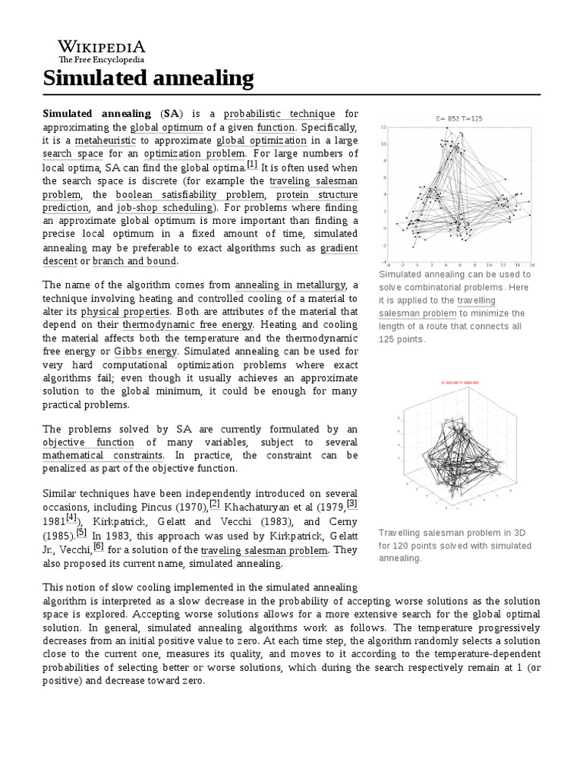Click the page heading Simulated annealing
(148, 77)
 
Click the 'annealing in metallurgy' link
(288, 285)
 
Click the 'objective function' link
(88, 442)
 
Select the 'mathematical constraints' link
(102, 456)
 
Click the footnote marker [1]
(252, 165)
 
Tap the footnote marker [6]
(99, 546)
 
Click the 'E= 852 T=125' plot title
(455, 118)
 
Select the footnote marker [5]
(81, 532)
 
